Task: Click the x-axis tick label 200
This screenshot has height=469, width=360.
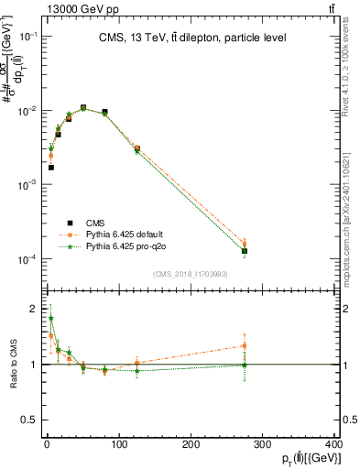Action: click(x=191, y=443)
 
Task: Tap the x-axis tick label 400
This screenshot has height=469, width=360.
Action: click(x=333, y=443)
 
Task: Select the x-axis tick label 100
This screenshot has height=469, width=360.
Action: click(x=118, y=443)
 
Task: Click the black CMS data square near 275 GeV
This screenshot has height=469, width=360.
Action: click(x=245, y=250)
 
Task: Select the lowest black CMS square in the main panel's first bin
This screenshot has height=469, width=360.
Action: click(x=51, y=167)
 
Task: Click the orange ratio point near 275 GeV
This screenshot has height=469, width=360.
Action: click(x=245, y=345)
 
